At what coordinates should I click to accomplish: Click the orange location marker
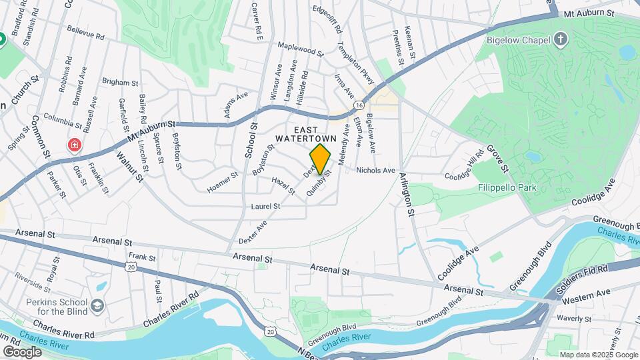point(321,159)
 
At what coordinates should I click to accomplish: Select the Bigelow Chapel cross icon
point(561,39)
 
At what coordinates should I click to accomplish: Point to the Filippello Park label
point(507,188)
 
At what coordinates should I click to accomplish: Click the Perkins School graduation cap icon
point(98,305)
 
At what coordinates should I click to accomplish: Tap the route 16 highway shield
point(359,105)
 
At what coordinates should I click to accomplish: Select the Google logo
point(22,351)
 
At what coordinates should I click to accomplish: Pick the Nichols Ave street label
point(376,171)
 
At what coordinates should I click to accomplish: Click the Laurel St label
point(265,207)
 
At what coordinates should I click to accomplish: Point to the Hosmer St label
point(223,179)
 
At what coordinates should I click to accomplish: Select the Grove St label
point(497,156)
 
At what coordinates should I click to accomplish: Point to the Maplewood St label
point(300,49)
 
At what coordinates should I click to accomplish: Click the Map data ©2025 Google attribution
point(598,355)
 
